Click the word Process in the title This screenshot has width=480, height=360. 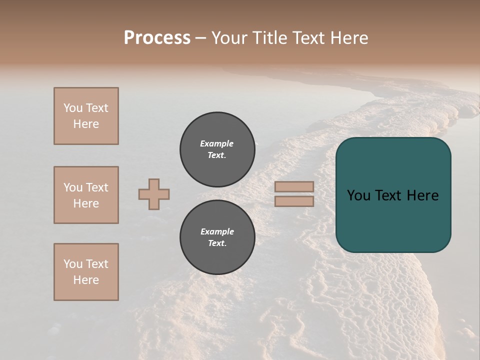[157, 38]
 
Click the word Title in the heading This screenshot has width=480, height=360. [268, 38]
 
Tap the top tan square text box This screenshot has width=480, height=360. [86, 116]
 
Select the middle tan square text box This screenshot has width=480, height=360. [86, 195]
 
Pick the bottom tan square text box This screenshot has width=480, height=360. [86, 272]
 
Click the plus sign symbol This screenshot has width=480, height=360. [154, 194]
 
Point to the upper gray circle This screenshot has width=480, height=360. [217, 149]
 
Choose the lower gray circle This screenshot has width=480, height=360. [217, 237]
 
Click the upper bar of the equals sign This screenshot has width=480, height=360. [294, 186]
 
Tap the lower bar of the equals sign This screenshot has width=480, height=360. [294, 201]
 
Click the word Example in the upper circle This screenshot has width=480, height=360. [217, 143]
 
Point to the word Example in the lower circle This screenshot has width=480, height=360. [217, 231]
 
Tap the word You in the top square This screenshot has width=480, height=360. [73, 108]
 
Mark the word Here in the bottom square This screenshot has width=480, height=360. [86, 280]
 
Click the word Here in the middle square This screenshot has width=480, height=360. [86, 203]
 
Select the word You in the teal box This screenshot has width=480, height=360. [358, 195]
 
